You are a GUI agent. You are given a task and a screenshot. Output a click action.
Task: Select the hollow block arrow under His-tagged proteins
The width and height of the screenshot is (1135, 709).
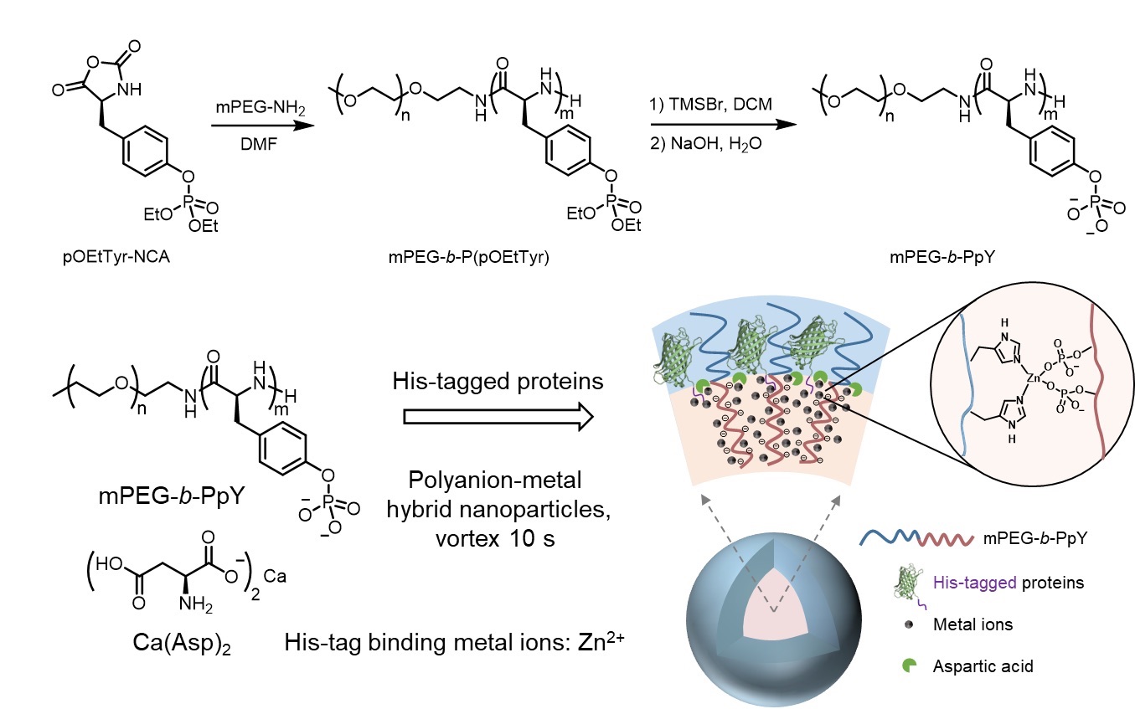[x=498, y=416]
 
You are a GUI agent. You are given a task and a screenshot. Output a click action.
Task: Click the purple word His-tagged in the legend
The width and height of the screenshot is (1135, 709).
[x=964, y=582]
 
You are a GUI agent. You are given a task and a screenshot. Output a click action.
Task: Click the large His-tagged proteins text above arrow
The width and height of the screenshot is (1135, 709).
[x=498, y=381]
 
